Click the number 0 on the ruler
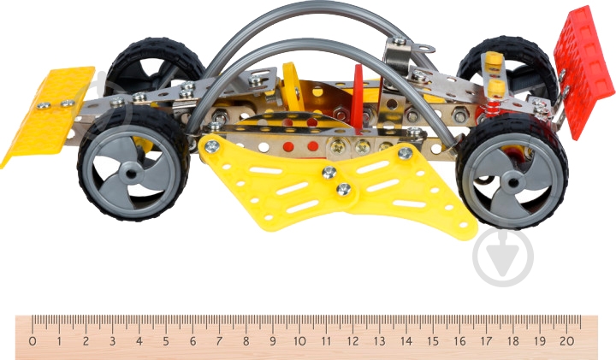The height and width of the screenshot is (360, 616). (33, 341)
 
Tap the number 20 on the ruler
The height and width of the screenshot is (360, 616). (567, 341)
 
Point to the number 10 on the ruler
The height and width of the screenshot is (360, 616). (299, 341)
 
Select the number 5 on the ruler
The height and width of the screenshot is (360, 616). (166, 341)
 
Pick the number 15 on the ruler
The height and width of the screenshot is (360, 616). (433, 341)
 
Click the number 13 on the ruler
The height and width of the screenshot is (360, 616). (380, 341)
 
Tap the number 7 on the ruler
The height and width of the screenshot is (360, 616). (219, 341)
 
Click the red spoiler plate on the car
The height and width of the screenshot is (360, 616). (583, 71)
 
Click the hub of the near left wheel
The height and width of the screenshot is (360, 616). (131, 173)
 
